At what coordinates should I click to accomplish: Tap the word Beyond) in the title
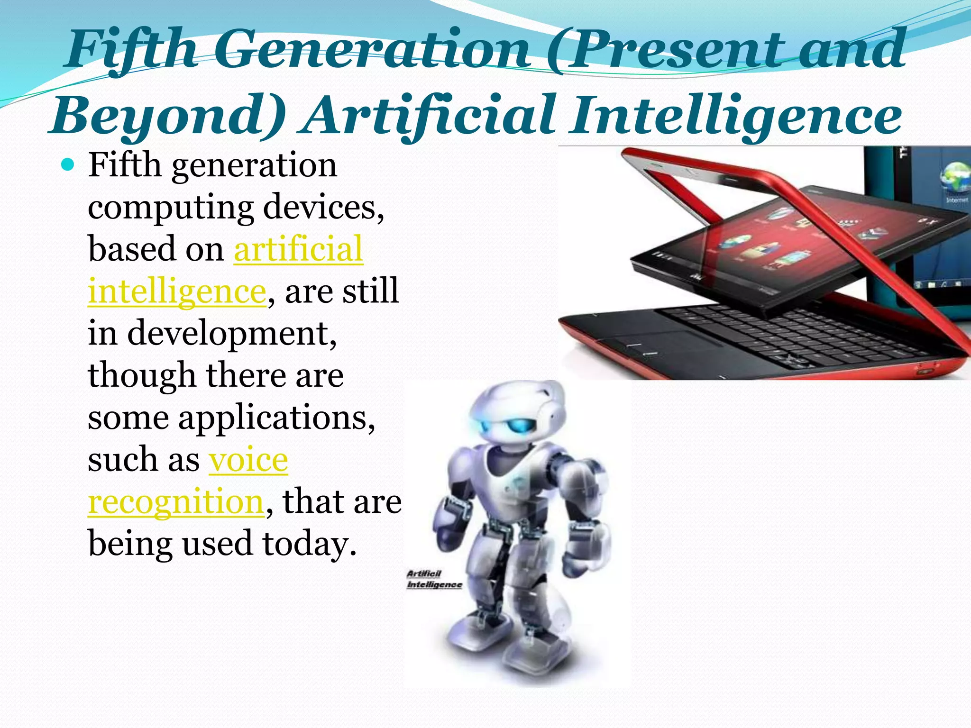(x=168, y=116)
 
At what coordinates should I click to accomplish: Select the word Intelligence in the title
(x=735, y=116)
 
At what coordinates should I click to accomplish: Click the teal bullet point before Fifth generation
(x=68, y=165)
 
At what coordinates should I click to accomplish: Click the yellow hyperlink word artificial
(x=298, y=249)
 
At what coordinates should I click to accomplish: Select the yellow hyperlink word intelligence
(x=177, y=291)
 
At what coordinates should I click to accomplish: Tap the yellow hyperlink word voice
(x=248, y=459)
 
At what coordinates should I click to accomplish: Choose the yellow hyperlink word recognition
(x=176, y=501)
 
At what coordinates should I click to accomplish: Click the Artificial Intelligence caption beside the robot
(x=433, y=579)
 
